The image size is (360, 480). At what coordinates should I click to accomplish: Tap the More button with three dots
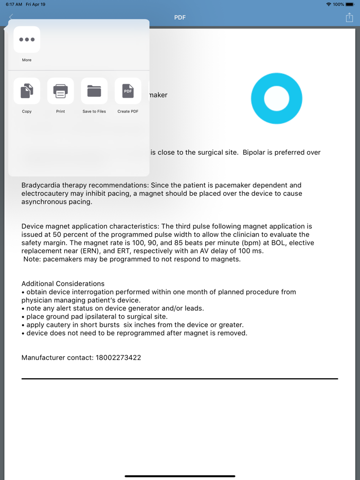click(27, 40)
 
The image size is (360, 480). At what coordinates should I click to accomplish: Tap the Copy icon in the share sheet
click(27, 91)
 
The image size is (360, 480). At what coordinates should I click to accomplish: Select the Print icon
click(61, 91)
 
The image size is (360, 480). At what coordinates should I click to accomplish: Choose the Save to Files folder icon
click(94, 91)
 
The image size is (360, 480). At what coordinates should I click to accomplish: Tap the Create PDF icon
click(128, 91)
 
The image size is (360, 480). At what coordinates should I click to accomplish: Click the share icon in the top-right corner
click(349, 17)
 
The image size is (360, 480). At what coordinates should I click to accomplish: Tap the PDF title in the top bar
click(180, 17)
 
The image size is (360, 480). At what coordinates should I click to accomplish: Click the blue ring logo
click(277, 98)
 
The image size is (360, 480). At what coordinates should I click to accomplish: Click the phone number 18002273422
click(118, 357)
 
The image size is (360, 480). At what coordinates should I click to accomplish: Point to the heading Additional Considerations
click(63, 284)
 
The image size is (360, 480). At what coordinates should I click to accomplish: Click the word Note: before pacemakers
click(32, 259)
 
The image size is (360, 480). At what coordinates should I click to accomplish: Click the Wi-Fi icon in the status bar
click(329, 4)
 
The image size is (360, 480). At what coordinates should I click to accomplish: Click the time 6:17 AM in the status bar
click(14, 4)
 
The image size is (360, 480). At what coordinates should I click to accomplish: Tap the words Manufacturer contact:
click(57, 357)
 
